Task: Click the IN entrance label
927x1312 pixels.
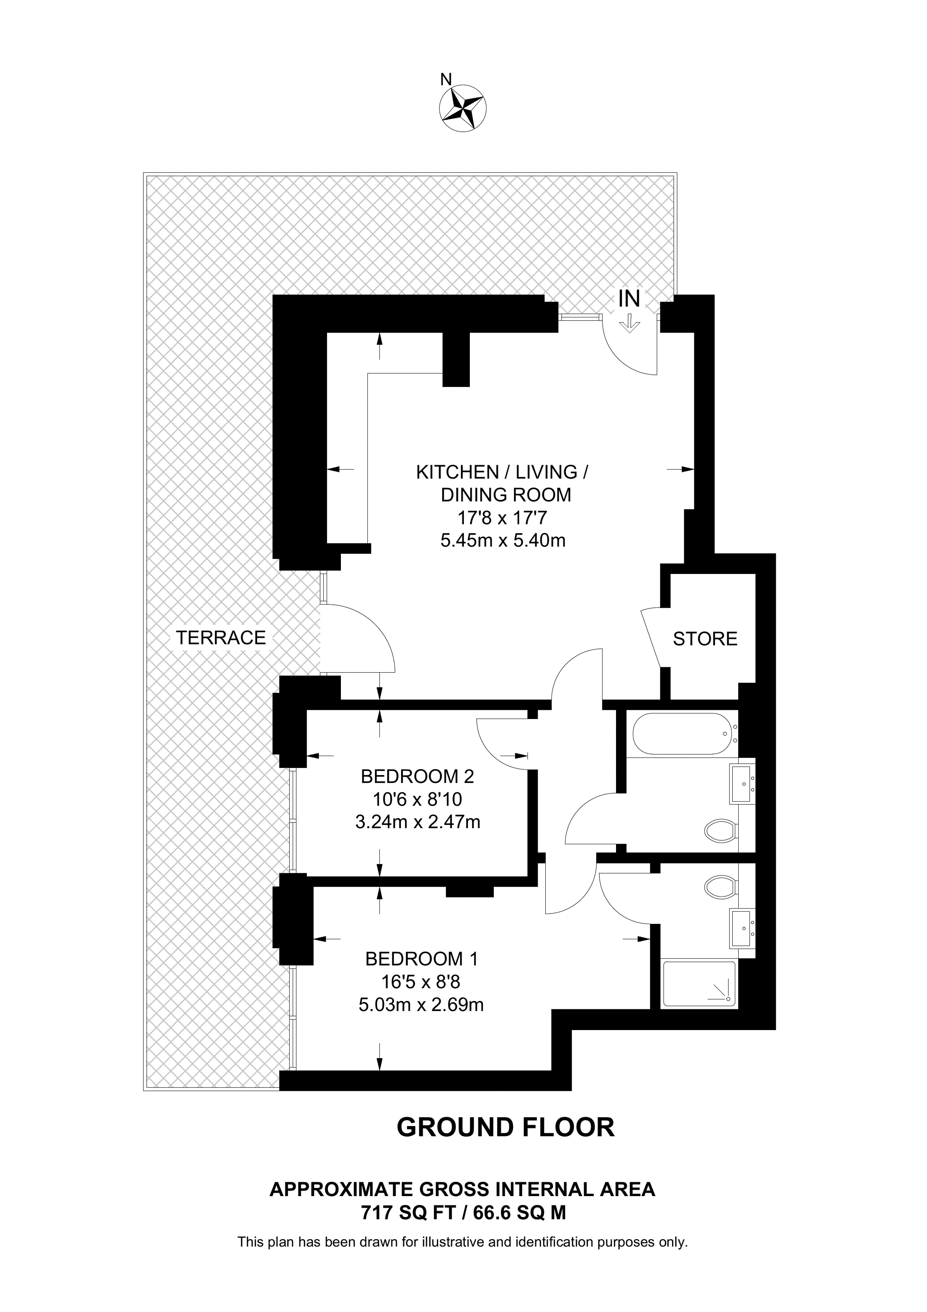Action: pos(630,298)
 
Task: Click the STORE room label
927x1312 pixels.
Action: pos(705,639)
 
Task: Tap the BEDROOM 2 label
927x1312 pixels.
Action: pos(418,777)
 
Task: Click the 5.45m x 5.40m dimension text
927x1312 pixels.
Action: pos(503,541)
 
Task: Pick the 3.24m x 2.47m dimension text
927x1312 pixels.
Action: pos(418,822)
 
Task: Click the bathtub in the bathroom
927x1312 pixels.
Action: pos(680,734)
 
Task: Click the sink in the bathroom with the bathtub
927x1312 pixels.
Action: pos(742,784)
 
